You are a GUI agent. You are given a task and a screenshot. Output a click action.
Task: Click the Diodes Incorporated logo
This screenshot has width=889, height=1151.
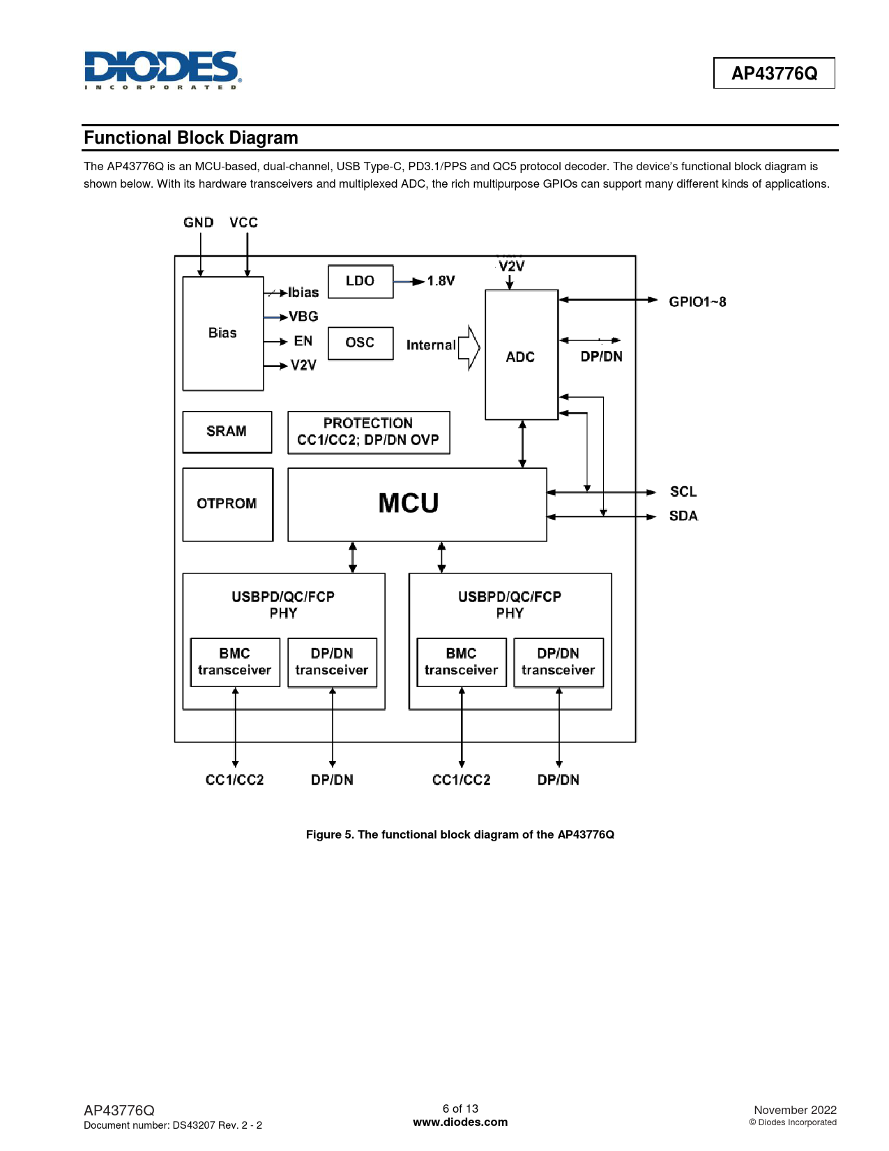162,70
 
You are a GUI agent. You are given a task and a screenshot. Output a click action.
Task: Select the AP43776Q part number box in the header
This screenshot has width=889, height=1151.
774,73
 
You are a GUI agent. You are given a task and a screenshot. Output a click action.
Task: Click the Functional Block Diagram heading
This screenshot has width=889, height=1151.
191,138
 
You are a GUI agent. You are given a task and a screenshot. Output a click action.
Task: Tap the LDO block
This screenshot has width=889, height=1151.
360,281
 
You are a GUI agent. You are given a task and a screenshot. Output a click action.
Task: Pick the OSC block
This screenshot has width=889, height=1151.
360,343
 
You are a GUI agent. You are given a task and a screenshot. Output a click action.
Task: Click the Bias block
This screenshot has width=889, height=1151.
223,333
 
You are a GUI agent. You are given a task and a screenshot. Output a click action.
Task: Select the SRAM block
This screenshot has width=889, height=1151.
227,432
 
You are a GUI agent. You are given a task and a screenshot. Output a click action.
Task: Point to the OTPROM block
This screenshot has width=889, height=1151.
227,504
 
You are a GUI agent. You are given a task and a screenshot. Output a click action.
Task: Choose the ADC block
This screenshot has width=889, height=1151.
522,356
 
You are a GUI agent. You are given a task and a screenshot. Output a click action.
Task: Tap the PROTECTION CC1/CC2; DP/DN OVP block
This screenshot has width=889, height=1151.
368,432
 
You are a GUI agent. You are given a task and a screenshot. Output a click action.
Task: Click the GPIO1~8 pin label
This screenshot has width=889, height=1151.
697,302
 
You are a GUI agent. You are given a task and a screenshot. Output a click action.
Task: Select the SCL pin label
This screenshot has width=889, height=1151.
683,492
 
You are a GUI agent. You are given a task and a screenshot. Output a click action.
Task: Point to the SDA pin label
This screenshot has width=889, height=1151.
683,516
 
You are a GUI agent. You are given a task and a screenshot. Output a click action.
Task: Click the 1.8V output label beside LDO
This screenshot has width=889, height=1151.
441,281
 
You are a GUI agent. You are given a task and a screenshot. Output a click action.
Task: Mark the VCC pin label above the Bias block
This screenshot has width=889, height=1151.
244,223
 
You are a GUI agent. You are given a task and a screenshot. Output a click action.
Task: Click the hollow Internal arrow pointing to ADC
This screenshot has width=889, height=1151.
470,347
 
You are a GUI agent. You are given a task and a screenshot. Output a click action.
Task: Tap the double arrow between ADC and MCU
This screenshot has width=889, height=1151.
523,444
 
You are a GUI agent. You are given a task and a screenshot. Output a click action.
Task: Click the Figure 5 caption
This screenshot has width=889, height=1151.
460,835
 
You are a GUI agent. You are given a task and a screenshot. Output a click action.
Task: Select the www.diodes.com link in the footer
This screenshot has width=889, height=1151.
460,1122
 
